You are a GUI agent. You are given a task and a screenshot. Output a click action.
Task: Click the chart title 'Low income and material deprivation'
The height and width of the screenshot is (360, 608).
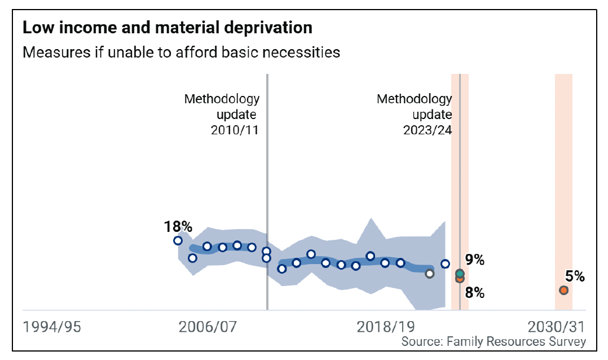[167, 27]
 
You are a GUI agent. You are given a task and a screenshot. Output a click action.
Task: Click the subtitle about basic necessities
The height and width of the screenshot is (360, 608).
[181, 52]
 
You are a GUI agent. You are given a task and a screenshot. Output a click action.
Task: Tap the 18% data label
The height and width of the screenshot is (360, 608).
[178, 227]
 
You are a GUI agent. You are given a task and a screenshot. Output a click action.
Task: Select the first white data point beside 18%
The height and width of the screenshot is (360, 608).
[178, 240]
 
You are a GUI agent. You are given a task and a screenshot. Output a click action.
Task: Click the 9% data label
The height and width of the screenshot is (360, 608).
[475, 260]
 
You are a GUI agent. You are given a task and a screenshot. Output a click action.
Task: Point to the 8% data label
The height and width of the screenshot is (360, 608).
[475, 292]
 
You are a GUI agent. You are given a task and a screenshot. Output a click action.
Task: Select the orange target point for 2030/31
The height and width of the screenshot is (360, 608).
[563, 290]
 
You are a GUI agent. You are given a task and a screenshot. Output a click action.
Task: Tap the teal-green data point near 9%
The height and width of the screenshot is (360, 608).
[460, 273]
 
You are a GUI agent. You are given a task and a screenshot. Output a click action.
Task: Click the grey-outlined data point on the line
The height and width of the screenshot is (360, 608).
[430, 274]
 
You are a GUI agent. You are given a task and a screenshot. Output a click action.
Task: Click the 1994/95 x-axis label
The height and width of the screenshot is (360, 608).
[51, 327]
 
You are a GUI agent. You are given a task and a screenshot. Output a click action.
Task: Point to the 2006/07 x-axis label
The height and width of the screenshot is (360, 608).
[207, 327]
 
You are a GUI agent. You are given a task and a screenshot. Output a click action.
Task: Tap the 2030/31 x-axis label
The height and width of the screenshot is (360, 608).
[556, 327]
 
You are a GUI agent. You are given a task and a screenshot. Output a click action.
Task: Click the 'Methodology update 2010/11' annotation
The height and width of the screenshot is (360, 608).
[222, 115]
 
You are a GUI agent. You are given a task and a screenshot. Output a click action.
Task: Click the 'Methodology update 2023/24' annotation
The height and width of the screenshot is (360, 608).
[415, 115]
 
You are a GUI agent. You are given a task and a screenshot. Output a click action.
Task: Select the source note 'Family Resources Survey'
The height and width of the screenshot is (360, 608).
[494, 342]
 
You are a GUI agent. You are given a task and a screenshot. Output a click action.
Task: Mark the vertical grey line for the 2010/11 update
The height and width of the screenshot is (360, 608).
[267, 169]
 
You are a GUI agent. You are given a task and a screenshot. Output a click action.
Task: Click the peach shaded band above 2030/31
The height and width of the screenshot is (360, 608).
[563, 169]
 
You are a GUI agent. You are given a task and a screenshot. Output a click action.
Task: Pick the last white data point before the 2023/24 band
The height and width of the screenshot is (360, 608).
[445, 264]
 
